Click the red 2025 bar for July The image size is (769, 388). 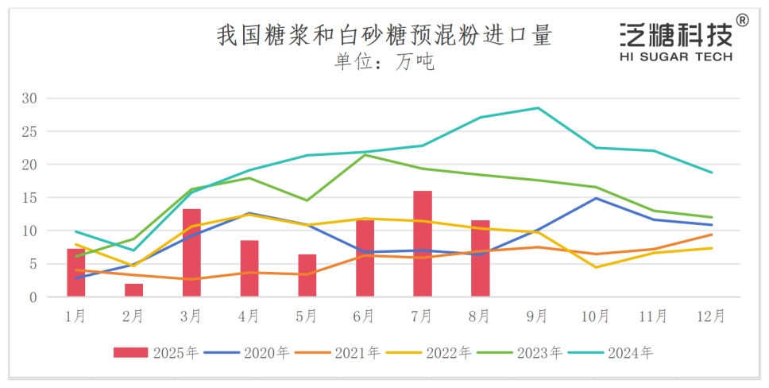tap(422, 244)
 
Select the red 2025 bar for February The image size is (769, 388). tap(133, 290)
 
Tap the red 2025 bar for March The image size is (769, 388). tap(191, 253)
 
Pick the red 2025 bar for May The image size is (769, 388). tap(307, 275)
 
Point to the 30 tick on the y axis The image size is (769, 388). tap(30, 99)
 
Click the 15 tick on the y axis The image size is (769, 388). tap(30, 198)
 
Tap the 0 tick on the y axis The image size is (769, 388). tap(33, 297)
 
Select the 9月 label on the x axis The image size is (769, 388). tap(537, 316)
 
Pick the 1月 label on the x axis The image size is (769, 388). tap(76, 316)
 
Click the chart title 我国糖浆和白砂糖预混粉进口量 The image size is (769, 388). tap(384, 36)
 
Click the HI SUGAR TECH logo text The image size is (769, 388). tap(675, 56)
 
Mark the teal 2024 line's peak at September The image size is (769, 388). tap(537, 108)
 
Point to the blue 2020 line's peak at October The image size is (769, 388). tap(595, 198)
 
